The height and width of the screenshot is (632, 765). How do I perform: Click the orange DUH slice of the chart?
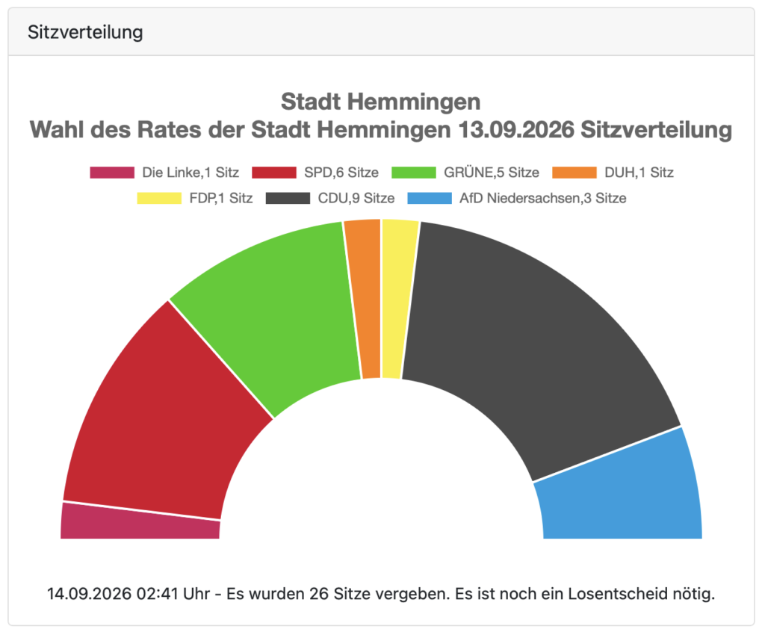[x=366, y=298]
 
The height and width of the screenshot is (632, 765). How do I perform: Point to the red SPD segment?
[x=161, y=420]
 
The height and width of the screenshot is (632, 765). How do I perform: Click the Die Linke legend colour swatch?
[x=112, y=173]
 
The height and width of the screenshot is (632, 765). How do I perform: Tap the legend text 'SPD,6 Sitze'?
[x=341, y=173]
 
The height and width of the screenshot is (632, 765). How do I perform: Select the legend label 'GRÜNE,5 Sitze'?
[x=492, y=173]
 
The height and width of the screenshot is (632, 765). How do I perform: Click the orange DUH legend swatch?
[x=574, y=173]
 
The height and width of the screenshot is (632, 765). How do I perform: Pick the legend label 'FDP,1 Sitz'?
[x=221, y=198]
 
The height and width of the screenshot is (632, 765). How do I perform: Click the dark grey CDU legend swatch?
[x=288, y=198]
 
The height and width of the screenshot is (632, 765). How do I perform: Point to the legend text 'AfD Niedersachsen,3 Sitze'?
[x=543, y=198]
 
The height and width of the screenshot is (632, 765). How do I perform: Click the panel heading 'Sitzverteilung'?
[x=85, y=32]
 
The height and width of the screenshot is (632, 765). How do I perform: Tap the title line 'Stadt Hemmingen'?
[x=381, y=102]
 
